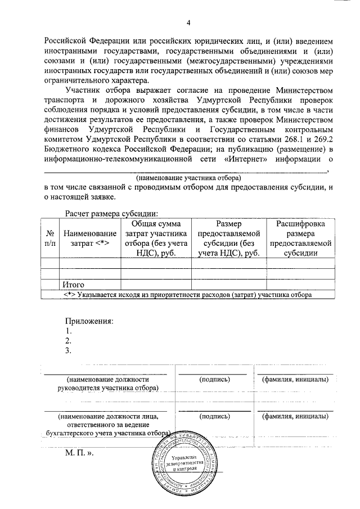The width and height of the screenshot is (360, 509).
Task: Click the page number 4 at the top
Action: coord(189,22)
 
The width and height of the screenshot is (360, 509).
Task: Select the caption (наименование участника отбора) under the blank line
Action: coord(188,176)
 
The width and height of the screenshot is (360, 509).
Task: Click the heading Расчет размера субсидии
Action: coord(111,213)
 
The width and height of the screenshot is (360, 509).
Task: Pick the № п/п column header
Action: coord(49,238)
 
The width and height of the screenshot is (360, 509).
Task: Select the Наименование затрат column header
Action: coord(89,238)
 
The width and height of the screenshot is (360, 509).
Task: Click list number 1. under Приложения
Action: coord(68,331)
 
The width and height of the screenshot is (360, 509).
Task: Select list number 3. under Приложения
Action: coord(68,351)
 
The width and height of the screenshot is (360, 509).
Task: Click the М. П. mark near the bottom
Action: coord(78,452)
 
